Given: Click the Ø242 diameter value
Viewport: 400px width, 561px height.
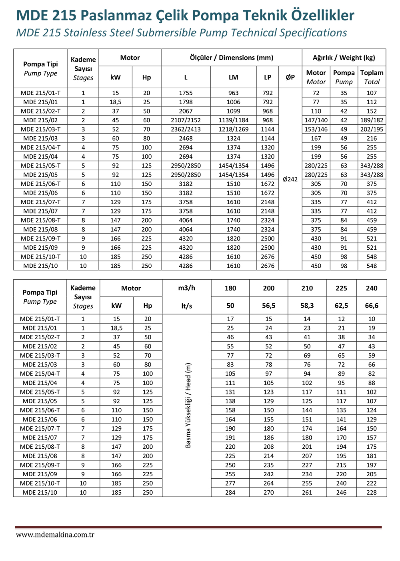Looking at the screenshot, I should coord(290,179).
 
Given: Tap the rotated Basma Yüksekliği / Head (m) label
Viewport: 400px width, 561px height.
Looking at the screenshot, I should coord(188,405).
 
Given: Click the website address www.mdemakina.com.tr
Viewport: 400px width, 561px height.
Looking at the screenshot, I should coord(55,535).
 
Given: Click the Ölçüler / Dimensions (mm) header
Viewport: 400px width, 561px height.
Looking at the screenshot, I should coord(231,58).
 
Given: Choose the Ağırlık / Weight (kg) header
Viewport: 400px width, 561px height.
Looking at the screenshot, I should coord(344,58).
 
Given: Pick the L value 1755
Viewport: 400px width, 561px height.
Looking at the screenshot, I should coord(186,93).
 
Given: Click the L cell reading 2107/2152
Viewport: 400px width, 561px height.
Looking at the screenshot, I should coord(186,120).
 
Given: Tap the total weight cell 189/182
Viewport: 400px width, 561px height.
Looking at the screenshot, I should coord(372,120).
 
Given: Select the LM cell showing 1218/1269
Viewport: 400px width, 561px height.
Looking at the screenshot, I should coord(233,129).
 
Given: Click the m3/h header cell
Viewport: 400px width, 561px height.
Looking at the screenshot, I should coord(186,288).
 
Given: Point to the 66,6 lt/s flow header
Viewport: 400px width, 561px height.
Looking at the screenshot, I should coord(372,306).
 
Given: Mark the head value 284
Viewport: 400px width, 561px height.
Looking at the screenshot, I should coord(230,493).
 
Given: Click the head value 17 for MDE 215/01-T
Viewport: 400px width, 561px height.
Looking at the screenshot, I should coord(230,319).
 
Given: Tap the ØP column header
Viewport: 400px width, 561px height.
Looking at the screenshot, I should coord(290,77).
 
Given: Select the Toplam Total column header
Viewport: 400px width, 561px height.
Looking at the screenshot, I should coord(372,77).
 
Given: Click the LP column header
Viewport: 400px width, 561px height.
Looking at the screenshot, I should coord(268,77).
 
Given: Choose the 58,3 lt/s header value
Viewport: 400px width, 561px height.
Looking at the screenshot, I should coord(307,306).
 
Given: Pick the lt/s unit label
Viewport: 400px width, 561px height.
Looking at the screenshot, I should coord(186,306).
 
